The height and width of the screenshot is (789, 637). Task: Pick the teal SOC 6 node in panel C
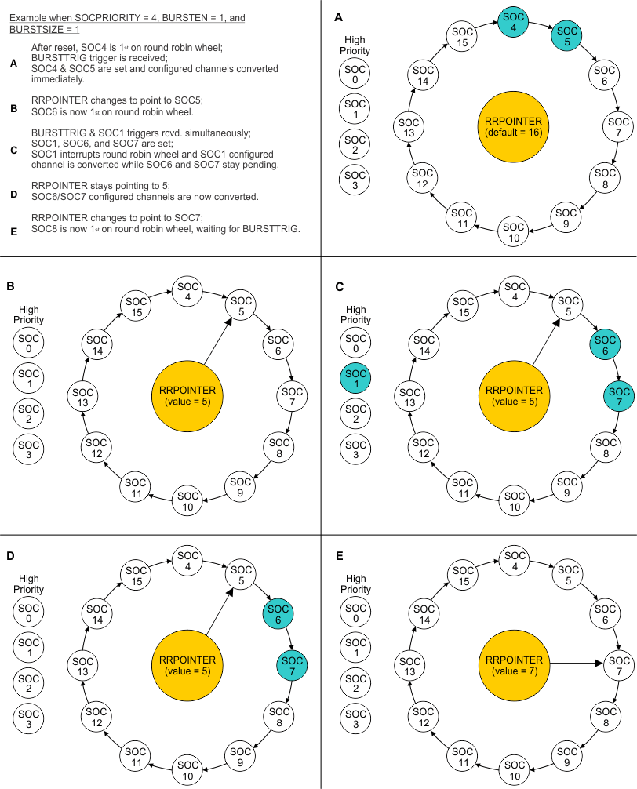[x=606, y=345]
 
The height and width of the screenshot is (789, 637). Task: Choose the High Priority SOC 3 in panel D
[x=29, y=719]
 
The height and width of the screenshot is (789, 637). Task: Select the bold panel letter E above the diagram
[x=339, y=556]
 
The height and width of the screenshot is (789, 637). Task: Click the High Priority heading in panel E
[x=355, y=584]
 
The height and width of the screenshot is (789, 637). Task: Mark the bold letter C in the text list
[x=13, y=149]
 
